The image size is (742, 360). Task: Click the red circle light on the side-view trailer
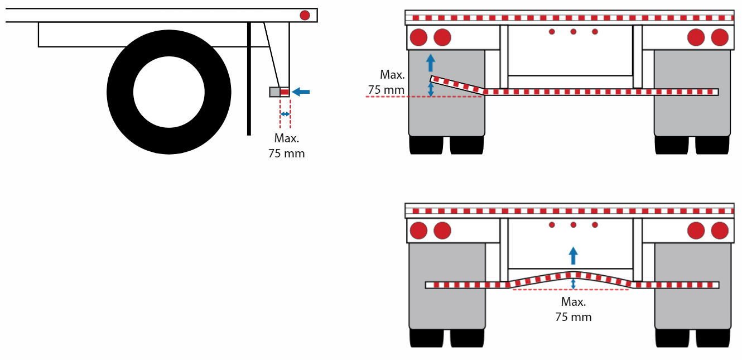click(x=305, y=15)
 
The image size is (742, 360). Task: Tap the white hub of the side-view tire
click(x=169, y=92)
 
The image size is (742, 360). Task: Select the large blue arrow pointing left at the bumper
click(x=301, y=92)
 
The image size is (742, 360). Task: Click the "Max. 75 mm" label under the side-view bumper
click(x=287, y=146)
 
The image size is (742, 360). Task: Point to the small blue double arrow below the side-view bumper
click(x=285, y=114)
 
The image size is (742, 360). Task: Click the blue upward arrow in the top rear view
click(x=430, y=63)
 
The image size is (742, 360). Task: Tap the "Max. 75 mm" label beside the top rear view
click(x=387, y=82)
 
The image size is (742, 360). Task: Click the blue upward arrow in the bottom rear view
click(x=574, y=256)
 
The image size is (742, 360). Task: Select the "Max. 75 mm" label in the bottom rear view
click(x=574, y=309)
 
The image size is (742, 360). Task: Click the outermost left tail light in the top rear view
click(x=418, y=37)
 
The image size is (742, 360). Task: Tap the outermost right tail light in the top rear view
click(x=720, y=37)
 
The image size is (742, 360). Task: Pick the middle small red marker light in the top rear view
click(x=574, y=31)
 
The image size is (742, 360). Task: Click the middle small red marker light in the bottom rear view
click(x=574, y=225)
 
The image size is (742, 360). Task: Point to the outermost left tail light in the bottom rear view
click(x=418, y=231)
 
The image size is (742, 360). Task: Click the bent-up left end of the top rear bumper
click(x=432, y=79)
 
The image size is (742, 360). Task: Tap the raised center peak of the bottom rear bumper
click(x=574, y=275)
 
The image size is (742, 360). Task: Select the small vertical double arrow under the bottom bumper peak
click(x=574, y=284)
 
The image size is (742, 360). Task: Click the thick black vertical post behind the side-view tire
click(x=249, y=79)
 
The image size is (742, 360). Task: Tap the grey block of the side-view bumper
click(x=274, y=92)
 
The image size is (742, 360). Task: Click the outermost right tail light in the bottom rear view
click(x=720, y=231)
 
